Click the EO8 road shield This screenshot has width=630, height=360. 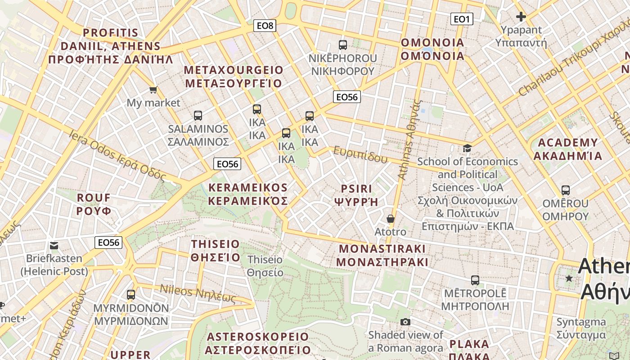coord(265,26)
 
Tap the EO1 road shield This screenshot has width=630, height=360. coord(462,19)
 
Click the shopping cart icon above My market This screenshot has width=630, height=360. coord(153,90)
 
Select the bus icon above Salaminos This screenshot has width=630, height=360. coord(198,116)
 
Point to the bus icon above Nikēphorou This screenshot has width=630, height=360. coord(343,45)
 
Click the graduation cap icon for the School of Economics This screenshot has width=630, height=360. coord(468,148)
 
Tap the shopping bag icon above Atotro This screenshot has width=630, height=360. coord(391,219)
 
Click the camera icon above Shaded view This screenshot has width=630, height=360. coord(405,322)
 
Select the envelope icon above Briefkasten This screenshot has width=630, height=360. coord(54,245)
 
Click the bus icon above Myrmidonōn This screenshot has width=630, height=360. coord(131,295)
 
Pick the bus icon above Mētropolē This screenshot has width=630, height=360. coord(475,280)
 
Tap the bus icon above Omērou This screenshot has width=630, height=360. coord(566,190)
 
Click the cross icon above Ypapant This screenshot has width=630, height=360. coord(521,17)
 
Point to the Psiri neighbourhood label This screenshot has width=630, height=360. coord(356,195)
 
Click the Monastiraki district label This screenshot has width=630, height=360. coord(382,255)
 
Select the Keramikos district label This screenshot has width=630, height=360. coord(248,194)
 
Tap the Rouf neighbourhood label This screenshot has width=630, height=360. coord(94,204)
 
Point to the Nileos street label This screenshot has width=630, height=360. coord(198,293)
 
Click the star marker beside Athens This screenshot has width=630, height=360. coord(569,279)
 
